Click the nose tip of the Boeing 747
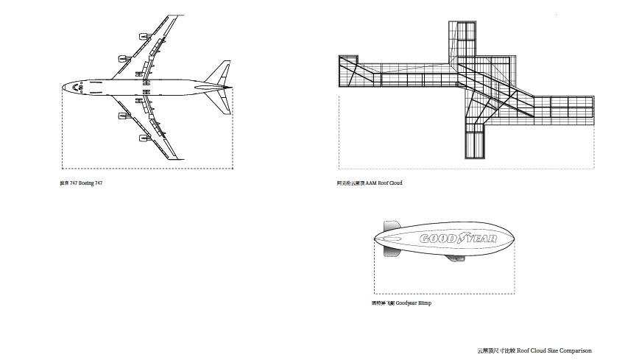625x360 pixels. (63, 87)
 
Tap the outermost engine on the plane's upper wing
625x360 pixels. (141, 35)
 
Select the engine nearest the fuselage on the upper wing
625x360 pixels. (122, 58)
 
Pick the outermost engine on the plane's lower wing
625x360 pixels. (141, 138)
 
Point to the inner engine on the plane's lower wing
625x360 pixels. (122, 116)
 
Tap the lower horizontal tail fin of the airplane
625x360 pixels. (220, 102)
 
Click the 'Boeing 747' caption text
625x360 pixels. (81, 183)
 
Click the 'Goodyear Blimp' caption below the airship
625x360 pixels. (401, 303)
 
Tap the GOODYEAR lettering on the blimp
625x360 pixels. (458, 239)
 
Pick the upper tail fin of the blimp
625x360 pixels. (390, 225)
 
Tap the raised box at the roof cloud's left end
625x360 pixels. (347, 70)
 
